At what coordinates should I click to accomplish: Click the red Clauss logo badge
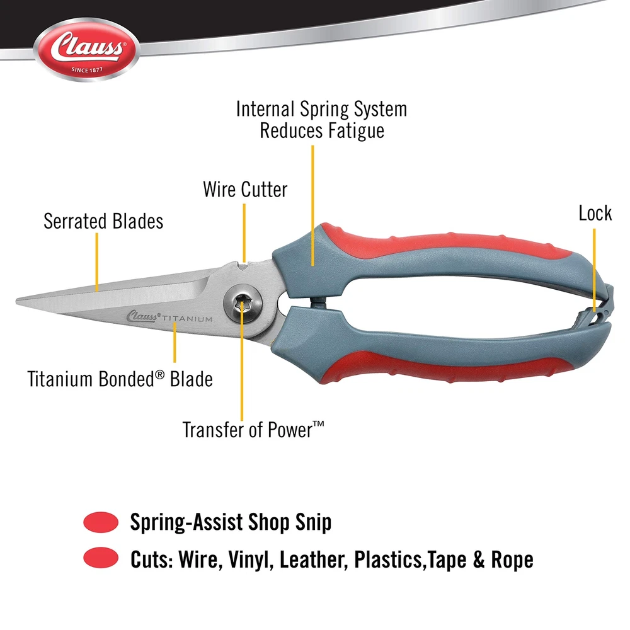(87, 49)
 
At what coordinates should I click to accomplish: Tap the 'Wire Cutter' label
(245, 190)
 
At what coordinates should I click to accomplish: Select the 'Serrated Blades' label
(103, 221)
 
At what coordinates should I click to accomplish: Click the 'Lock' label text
(595, 213)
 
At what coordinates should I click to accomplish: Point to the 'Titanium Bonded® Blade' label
(120, 379)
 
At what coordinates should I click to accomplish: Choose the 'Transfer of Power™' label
(253, 430)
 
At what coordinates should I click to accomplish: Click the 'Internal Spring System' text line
(321, 109)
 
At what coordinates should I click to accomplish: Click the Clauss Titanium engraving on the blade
(169, 317)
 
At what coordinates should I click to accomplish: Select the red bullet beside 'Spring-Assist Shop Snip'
(101, 522)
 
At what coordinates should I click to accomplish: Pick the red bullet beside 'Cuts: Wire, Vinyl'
(101, 558)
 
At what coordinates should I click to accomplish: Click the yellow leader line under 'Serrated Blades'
(97, 262)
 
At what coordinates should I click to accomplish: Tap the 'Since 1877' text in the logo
(87, 70)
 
